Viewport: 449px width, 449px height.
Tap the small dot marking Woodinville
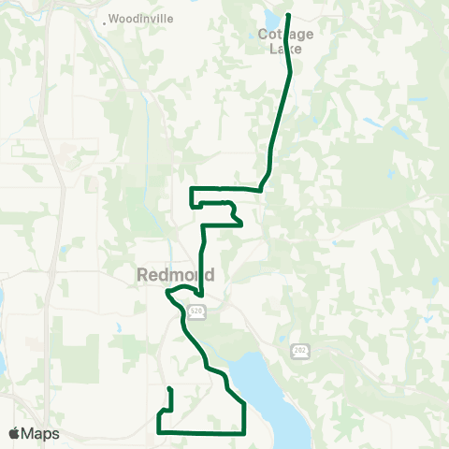pos(104,20)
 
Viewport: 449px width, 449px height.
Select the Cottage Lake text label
pos(285,41)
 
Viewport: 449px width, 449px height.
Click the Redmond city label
pos(176,275)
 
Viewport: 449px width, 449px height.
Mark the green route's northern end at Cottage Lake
pos(287,15)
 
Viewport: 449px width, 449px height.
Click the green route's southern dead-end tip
pos(169,388)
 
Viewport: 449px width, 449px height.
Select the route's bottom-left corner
pos(159,432)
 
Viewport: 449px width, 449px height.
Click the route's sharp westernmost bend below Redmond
pos(167,292)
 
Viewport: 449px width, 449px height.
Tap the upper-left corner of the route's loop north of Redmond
pos(191,189)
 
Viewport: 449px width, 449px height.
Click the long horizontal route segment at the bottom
pos(201,432)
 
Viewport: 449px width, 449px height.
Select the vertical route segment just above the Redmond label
pos(201,253)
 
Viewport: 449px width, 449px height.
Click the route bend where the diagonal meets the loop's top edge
pos(261,189)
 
